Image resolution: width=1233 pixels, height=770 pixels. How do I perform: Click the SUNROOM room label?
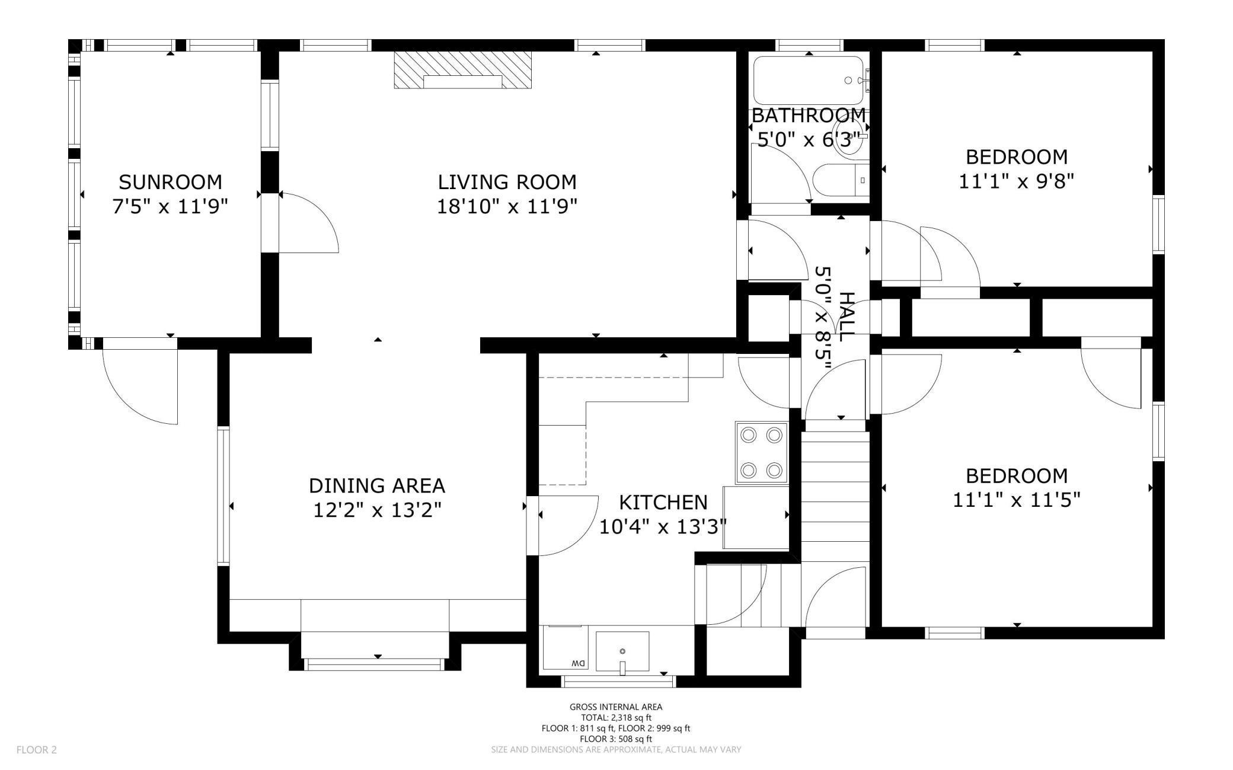point(170,181)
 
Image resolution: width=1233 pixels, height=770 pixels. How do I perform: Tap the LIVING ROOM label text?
point(507,181)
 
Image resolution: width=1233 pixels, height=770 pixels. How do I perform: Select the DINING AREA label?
point(377,485)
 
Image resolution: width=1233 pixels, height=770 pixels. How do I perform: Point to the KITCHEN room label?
point(663,502)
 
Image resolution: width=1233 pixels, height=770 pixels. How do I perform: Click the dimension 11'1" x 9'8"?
point(1017,181)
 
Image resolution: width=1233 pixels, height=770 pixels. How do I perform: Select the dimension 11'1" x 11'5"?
point(1017,500)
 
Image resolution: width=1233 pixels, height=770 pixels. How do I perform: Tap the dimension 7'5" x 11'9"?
point(170,206)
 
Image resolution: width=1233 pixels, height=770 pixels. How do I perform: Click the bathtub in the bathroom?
point(809,81)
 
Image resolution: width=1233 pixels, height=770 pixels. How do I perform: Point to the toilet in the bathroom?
point(841,180)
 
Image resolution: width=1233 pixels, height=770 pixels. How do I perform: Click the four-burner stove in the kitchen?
point(762,453)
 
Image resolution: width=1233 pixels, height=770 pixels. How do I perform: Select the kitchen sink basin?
point(622,651)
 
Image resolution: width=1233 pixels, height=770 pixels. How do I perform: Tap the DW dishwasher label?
point(578,663)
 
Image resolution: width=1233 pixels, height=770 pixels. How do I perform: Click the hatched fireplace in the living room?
point(463,70)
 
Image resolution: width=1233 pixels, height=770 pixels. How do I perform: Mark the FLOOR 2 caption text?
point(37,750)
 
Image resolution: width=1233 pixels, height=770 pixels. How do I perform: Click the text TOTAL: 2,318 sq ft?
point(616,717)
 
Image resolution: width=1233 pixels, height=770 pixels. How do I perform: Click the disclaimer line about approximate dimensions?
point(616,749)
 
